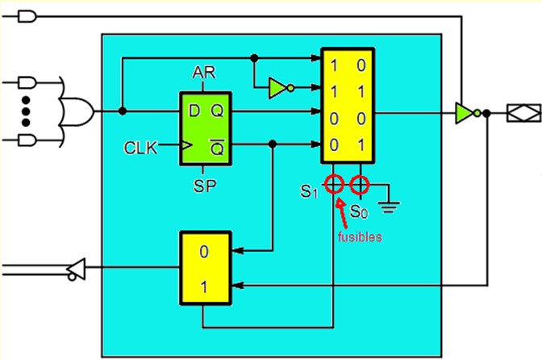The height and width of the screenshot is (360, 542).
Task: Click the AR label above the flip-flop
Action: click(204, 73)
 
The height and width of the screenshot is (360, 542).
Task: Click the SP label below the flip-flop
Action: click(205, 186)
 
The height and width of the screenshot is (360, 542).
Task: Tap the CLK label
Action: click(140, 148)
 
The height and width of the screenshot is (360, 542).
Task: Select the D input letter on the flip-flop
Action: click(194, 111)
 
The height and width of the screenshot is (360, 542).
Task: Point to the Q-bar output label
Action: click(218, 148)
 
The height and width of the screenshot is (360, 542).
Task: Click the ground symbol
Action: click(389, 207)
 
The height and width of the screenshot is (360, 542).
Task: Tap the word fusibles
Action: click(360, 237)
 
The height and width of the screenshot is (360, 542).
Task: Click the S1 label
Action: click(309, 191)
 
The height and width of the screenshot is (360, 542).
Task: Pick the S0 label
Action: click(359, 211)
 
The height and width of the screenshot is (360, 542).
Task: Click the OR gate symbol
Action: click(77, 111)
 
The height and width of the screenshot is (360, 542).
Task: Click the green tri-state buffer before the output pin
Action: click(468, 113)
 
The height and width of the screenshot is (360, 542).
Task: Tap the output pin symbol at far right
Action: click(523, 113)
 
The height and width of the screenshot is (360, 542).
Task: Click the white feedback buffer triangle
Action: click(76, 269)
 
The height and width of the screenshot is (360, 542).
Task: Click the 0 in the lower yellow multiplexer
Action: click(204, 252)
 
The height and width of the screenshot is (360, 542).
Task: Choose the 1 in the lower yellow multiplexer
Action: click(204, 287)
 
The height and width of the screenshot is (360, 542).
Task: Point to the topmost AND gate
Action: click(27, 16)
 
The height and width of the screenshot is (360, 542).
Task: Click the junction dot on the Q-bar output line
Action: click(273, 144)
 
